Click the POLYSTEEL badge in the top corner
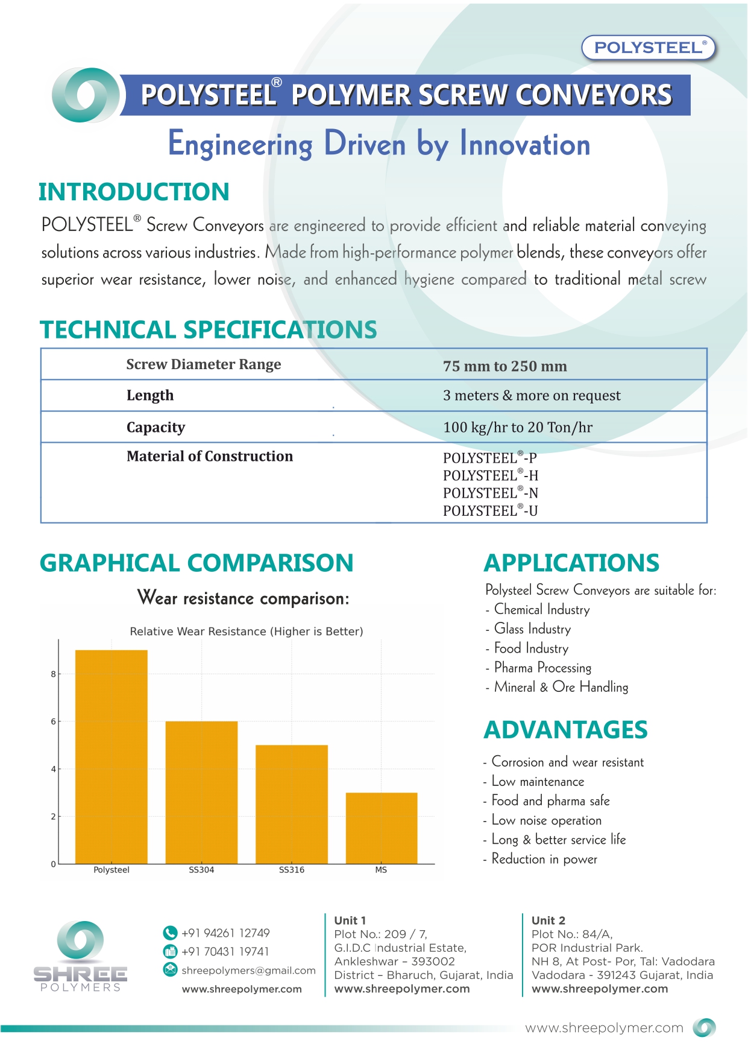648,48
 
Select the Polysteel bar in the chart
112,756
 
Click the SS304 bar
201,792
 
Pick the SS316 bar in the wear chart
292,804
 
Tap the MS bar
382,828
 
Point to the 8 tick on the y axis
54,674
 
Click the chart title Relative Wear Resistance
247,632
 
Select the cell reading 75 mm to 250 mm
505,366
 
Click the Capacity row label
156,427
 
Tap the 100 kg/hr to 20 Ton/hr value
518,427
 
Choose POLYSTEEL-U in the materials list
491,511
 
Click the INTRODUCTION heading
134,192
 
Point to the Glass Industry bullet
532,629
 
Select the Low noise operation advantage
546,820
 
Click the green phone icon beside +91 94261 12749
170,933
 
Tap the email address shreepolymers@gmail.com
248,970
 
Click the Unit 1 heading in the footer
350,920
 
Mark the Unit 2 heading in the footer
548,920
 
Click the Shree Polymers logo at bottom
80,956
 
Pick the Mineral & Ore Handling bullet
561,687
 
